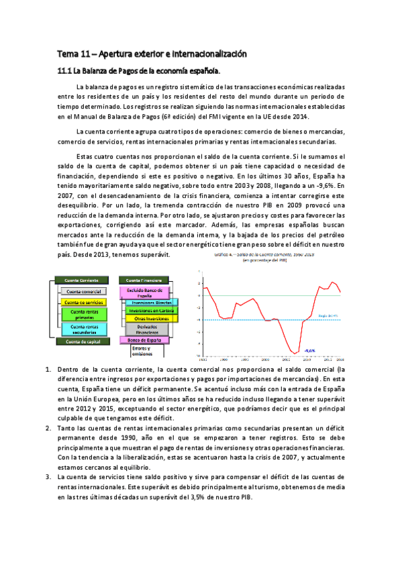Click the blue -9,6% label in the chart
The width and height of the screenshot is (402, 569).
click(x=310, y=350)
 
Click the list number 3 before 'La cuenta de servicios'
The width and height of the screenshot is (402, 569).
click(x=46, y=476)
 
